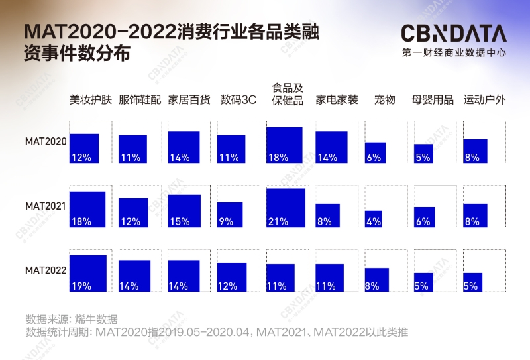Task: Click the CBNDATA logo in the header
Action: pyautogui.click(x=453, y=34)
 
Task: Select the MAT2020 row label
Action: pyautogui.click(x=46, y=141)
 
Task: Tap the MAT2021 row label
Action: pyautogui.click(x=46, y=206)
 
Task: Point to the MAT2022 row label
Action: pyautogui.click(x=46, y=270)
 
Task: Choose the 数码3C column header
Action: pyautogui.click(x=238, y=100)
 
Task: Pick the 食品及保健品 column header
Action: pyautogui.click(x=288, y=94)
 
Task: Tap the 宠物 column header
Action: pyautogui.click(x=384, y=100)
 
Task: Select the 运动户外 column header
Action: pyautogui.click(x=484, y=100)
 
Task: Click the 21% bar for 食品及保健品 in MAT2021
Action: pyautogui.click(x=286, y=208)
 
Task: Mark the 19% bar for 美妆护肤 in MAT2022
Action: pyautogui.click(x=88, y=273)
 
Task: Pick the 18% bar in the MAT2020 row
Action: pyautogui.click(x=284, y=145)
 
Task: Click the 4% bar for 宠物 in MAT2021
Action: pyautogui.click(x=374, y=219)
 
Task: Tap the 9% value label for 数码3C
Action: pyautogui.click(x=226, y=222)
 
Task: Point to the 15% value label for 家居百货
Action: pyautogui.click(x=179, y=222)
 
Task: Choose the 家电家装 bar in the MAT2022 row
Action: pyautogui.click(x=329, y=278)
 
